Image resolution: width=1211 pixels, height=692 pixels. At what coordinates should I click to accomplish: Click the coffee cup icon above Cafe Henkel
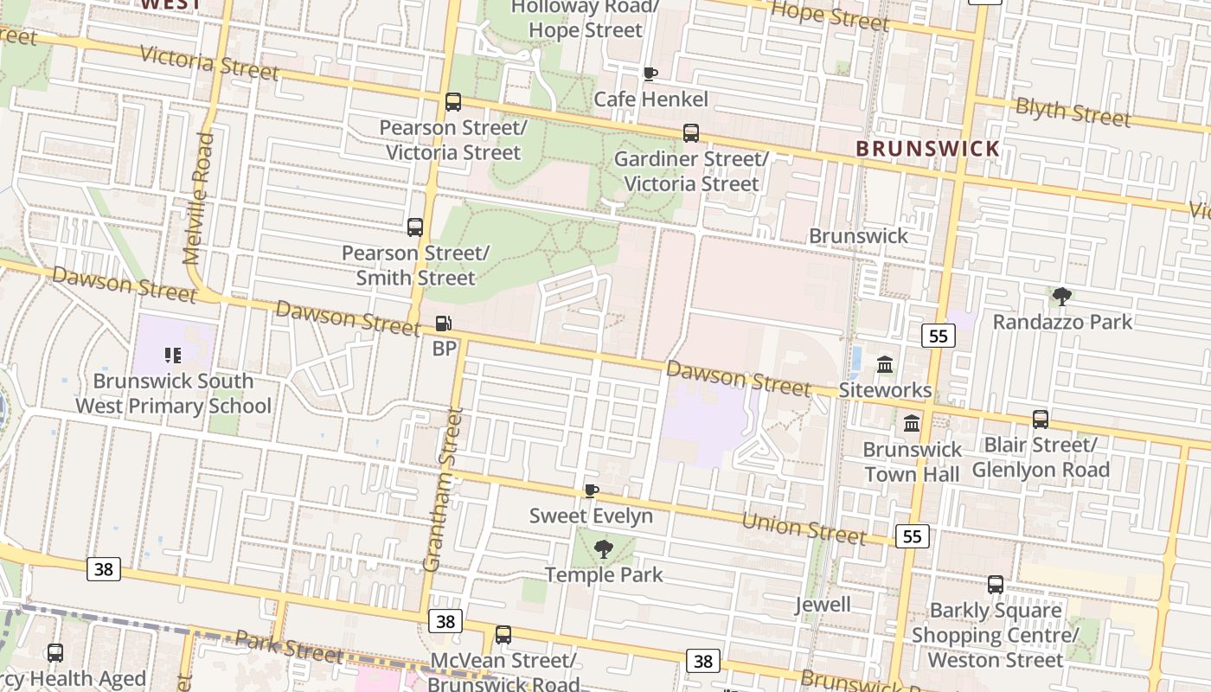click(x=650, y=74)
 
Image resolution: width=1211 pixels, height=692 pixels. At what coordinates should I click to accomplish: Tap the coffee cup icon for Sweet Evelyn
click(x=592, y=491)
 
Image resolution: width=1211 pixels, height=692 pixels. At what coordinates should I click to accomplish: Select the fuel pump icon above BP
click(x=443, y=324)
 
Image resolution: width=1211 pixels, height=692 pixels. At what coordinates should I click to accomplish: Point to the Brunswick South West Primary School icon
click(x=172, y=356)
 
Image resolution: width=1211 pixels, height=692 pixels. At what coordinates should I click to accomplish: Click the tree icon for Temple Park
click(x=603, y=548)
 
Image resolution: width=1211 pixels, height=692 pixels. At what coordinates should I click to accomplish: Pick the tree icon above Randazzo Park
click(x=1061, y=297)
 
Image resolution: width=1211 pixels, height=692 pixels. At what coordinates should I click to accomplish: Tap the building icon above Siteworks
click(x=885, y=365)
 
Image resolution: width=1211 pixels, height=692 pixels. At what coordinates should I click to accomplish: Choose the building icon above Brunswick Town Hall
click(x=912, y=424)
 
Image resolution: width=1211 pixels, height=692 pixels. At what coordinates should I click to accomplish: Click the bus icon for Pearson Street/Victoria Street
click(x=453, y=102)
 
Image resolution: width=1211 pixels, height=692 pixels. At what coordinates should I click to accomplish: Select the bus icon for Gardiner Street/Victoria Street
click(x=691, y=133)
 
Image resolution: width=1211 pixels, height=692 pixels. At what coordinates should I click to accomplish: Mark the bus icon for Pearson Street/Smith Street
click(x=415, y=227)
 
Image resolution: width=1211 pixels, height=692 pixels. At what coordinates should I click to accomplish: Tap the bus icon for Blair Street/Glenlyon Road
click(x=1040, y=420)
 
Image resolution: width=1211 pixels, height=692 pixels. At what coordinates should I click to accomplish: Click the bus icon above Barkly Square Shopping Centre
click(x=996, y=585)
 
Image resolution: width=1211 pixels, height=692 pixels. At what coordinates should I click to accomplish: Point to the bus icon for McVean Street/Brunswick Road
click(x=503, y=635)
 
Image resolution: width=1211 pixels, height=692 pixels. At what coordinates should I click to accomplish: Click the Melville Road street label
click(x=197, y=198)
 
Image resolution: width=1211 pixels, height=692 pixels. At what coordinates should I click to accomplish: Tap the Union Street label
click(x=804, y=528)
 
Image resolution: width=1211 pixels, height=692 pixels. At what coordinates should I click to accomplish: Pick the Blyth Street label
click(x=1073, y=112)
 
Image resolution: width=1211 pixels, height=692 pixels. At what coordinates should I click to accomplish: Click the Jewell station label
click(x=823, y=604)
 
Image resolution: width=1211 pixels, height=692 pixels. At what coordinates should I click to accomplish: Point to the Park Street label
click(x=289, y=646)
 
